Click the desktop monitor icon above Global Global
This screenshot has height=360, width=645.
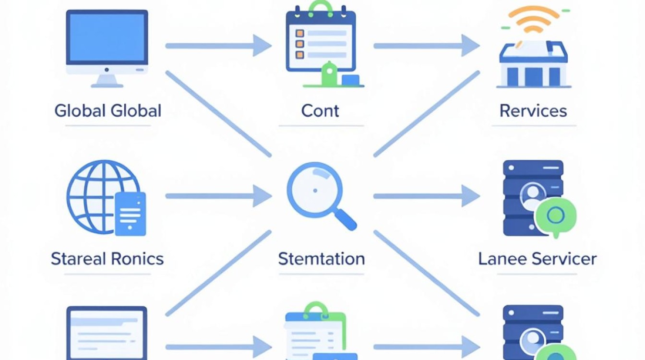107,48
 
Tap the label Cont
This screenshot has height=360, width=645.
320,111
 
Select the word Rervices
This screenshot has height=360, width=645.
533,111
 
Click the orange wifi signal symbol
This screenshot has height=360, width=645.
534,19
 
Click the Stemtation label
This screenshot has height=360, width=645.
322,259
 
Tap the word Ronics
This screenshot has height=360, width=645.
137,259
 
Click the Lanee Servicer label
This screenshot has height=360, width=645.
537,259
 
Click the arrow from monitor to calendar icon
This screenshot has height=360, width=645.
218,46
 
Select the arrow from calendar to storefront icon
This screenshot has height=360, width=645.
427,46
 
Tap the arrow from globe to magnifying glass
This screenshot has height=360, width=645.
218,196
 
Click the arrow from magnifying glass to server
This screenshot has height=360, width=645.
427,196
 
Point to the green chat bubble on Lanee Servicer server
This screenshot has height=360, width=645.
555,216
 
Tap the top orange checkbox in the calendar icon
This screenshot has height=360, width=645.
300,34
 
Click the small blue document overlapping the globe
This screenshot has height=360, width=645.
130,214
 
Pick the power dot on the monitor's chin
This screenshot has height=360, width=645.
107,70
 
